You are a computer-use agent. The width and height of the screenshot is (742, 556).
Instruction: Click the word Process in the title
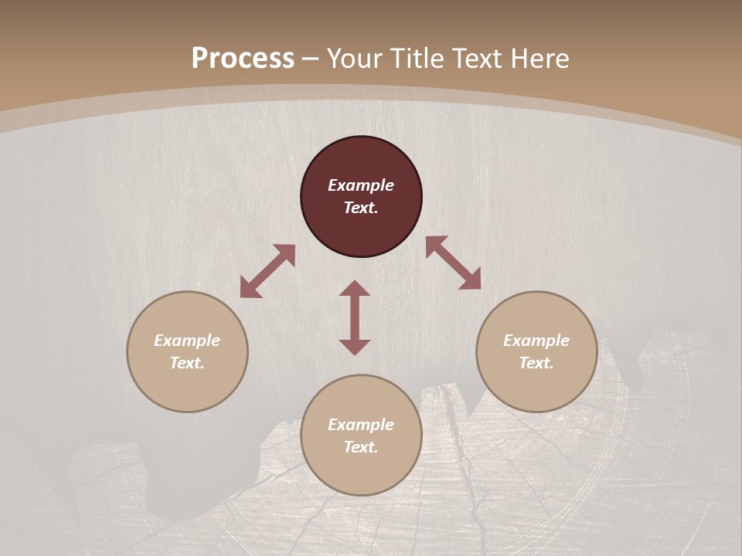[243, 59]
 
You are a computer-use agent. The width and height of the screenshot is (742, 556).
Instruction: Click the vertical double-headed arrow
[355, 317]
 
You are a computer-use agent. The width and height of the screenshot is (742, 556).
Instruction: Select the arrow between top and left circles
[267, 271]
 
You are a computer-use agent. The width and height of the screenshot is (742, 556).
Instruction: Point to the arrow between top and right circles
[453, 263]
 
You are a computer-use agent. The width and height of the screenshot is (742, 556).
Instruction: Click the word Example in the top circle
[361, 185]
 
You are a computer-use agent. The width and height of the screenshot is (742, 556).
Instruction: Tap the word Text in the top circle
[361, 208]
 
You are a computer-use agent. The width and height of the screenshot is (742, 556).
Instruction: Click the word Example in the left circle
[187, 341]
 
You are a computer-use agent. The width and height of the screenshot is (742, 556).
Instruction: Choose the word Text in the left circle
[187, 363]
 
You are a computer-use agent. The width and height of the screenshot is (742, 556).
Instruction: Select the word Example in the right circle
[536, 341]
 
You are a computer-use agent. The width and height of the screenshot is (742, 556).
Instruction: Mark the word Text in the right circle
[536, 363]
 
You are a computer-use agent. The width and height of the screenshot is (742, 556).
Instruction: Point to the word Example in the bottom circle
[361, 425]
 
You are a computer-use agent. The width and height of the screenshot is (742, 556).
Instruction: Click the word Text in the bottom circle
[361, 447]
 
